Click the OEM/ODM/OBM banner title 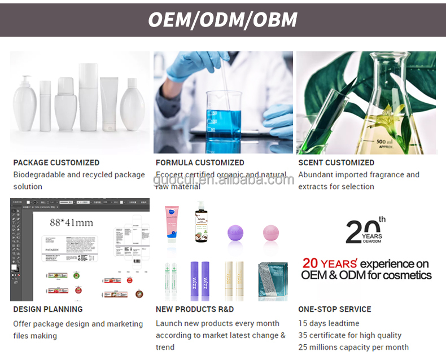pos(222,19)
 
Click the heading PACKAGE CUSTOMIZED pos(56,163)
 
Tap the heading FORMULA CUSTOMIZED pos(200,163)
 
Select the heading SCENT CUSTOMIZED pos(336,163)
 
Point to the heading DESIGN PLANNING pos(48,309)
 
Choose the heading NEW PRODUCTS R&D pos(195,309)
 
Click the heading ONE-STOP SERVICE pos(335,309)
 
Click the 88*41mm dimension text pos(71,222)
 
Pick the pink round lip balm pos(271,232)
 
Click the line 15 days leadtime pos(329,323)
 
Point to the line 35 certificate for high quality pos(350,335)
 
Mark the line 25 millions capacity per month pos(353,347)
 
